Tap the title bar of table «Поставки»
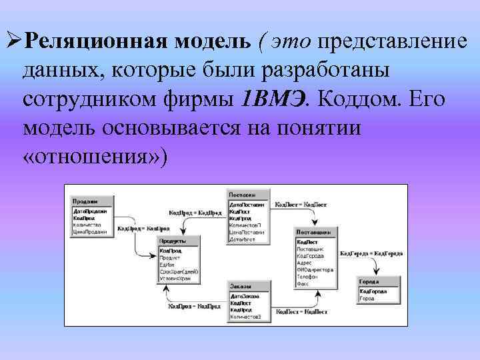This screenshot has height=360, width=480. [x=249, y=195]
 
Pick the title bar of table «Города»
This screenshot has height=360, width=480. [x=378, y=282]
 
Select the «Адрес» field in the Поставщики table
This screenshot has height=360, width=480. [x=304, y=262]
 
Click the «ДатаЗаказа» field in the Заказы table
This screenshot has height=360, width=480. [x=244, y=295]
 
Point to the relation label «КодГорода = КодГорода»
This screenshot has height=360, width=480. [x=371, y=253]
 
